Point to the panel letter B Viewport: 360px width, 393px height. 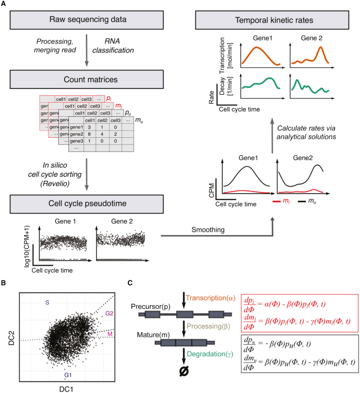point(4,283)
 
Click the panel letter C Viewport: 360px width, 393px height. point(131,283)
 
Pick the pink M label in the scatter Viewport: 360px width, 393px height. point(109,334)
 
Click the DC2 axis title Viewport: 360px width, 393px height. point(11,336)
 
